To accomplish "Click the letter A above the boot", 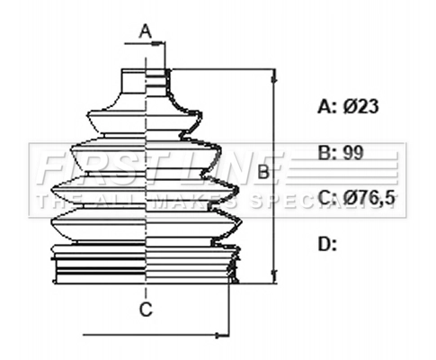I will tap(146, 31).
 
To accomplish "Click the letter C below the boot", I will tap(145, 310).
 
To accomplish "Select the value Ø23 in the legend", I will tap(361, 106).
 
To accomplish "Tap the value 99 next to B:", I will tap(353, 152).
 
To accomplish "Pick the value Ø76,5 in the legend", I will tap(369, 197).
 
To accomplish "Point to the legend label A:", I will tap(326, 106).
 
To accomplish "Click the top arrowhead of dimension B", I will tap(273, 75).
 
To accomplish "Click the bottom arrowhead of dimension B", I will tap(273, 278).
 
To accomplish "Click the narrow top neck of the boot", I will tap(144, 81).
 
